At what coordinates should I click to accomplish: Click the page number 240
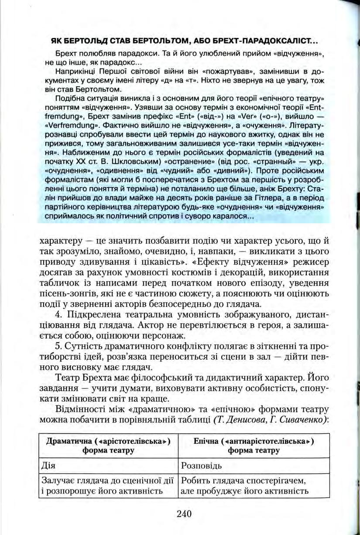(x=185, y=513)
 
